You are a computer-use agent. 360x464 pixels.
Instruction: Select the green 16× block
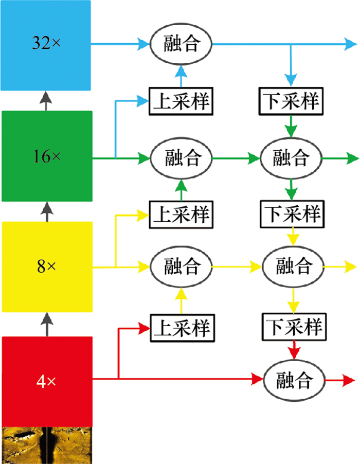pyautogui.click(x=47, y=156)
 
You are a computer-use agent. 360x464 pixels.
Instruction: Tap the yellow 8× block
pyautogui.click(x=47, y=267)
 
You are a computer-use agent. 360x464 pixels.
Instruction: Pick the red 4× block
pyautogui.click(x=47, y=381)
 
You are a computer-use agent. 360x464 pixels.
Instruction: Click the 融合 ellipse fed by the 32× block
pyautogui.click(x=181, y=44)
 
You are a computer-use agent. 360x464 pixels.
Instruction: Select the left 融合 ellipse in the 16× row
pyautogui.click(x=181, y=157)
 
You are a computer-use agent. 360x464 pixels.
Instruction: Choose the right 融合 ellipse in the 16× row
pyautogui.click(x=292, y=157)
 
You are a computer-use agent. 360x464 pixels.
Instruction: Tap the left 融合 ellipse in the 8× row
pyautogui.click(x=181, y=267)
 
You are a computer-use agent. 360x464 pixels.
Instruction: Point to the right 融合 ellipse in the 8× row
pyautogui.click(x=293, y=267)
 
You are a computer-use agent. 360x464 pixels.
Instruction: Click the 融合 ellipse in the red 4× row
pyautogui.click(x=294, y=381)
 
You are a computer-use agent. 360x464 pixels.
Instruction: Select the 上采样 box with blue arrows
pyautogui.click(x=181, y=101)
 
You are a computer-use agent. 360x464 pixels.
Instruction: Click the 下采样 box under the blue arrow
pyautogui.click(x=292, y=101)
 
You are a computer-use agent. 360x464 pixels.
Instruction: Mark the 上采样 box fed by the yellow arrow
pyautogui.click(x=181, y=213)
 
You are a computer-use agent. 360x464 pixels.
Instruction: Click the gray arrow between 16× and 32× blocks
pyautogui.click(x=47, y=100)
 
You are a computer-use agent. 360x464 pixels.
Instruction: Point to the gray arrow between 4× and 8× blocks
pyautogui.click(x=47, y=325)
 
